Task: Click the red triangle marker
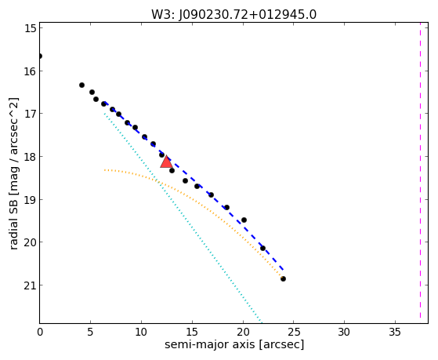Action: pyautogui.click(x=166, y=162)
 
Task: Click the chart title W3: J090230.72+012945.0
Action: pyautogui.click(x=233, y=15)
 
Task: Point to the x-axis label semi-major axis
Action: pyautogui.click(x=209, y=344)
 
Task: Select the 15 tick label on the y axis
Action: pyautogui.click(x=31, y=28)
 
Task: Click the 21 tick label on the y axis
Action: pyautogui.click(x=31, y=285)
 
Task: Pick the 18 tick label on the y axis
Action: pyautogui.click(x=31, y=156)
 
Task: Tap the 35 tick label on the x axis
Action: pyautogui.click(x=395, y=333)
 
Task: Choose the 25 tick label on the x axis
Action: pyautogui.click(x=294, y=333)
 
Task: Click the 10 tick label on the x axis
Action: pyautogui.click(x=141, y=333)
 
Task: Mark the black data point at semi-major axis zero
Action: pyautogui.click(x=40, y=56)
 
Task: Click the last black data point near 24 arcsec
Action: pyautogui.click(x=283, y=278)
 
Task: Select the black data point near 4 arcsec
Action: pyautogui.click(x=81, y=85)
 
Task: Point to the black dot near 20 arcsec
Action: pyautogui.click(x=244, y=220)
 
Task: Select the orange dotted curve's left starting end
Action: pyautogui.click(x=104, y=170)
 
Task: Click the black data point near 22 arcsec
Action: pyautogui.click(x=262, y=248)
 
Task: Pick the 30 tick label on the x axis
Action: pyautogui.click(x=344, y=333)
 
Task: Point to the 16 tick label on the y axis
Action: pyautogui.click(x=31, y=71)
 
